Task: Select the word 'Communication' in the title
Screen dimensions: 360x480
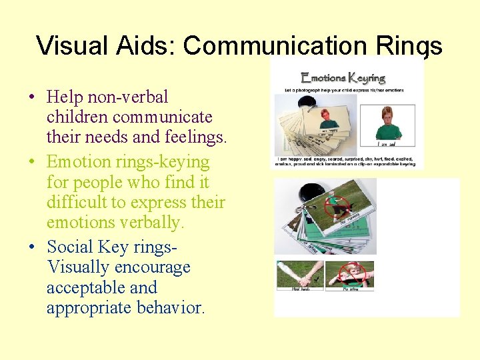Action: click(275, 45)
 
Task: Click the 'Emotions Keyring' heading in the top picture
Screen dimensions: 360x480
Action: click(343, 78)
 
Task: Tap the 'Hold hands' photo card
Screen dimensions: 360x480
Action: click(299, 275)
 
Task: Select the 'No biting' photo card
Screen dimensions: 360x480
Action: click(350, 275)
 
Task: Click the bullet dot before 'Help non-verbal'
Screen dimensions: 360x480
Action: click(32, 97)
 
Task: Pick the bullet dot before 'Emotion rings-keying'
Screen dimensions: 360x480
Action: click(32, 162)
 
